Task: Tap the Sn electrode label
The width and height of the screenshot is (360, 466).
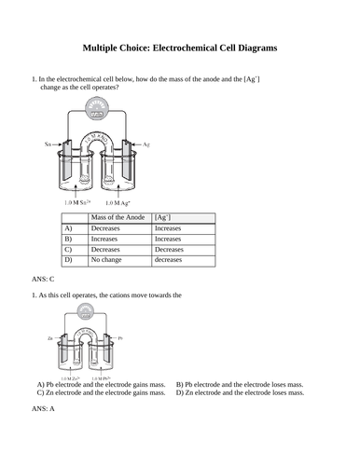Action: click(48, 145)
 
